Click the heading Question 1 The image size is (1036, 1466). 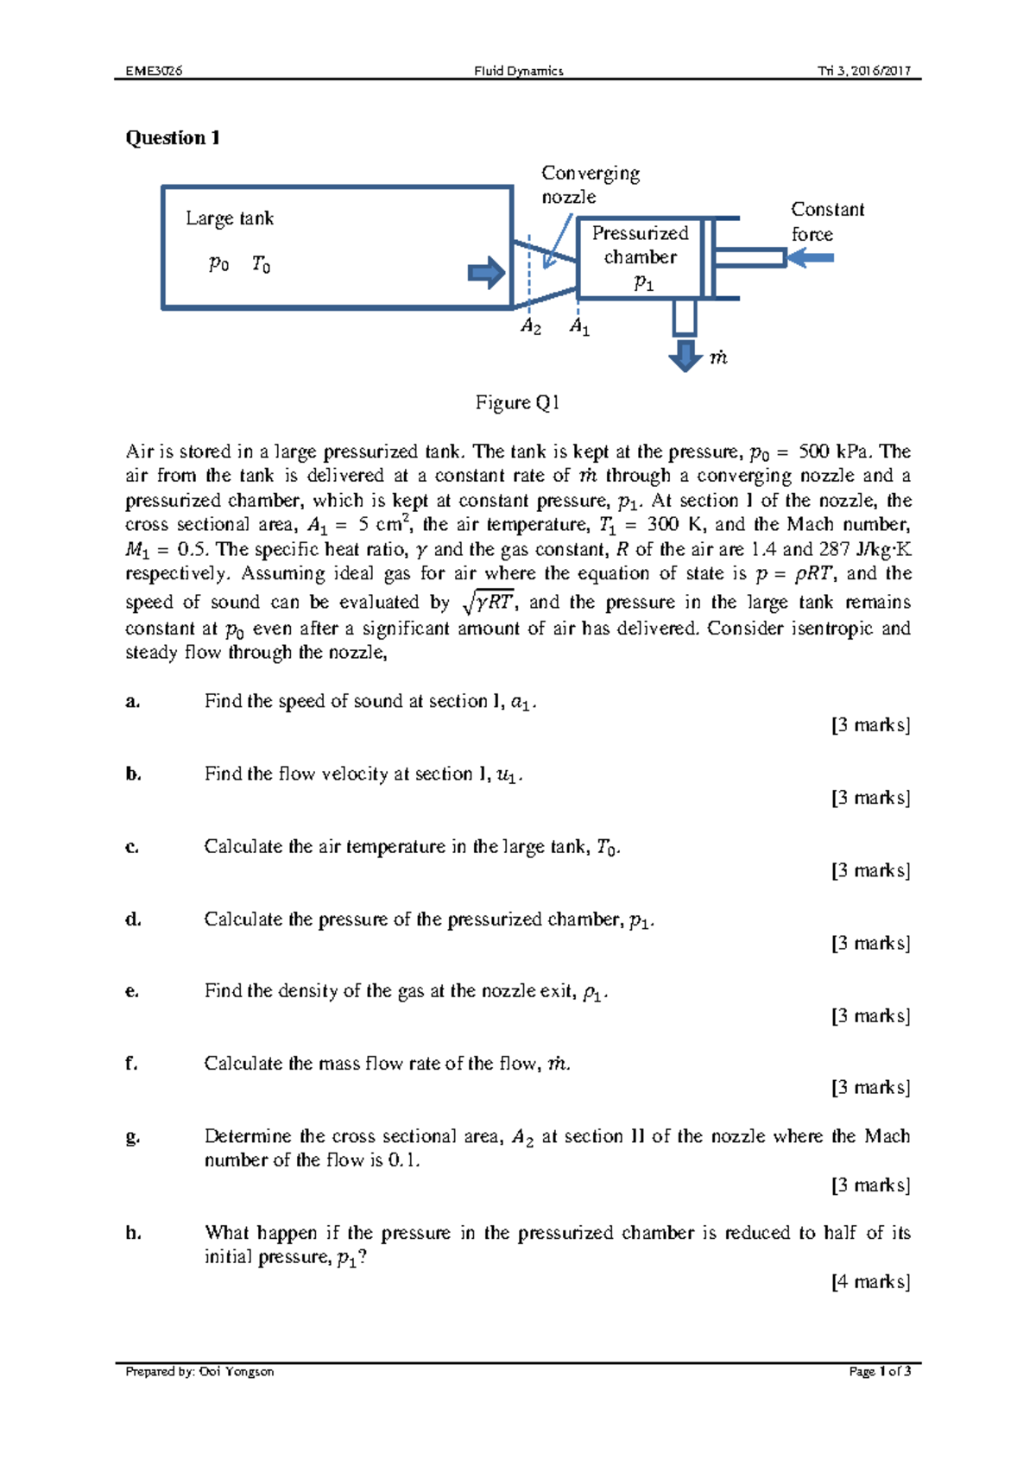click(173, 138)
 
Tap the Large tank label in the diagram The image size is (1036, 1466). click(230, 218)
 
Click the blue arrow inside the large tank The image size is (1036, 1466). click(486, 273)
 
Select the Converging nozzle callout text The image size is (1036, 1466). click(590, 185)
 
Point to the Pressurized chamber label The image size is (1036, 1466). click(640, 245)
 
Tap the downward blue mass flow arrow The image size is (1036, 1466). click(685, 355)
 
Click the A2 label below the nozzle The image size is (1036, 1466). click(530, 327)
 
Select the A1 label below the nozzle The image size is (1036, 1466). click(579, 327)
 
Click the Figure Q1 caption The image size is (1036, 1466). click(517, 402)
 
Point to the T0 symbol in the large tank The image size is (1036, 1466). click(261, 265)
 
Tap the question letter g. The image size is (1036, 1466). click(132, 1137)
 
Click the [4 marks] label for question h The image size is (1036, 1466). click(870, 1282)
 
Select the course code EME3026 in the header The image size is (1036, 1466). click(154, 71)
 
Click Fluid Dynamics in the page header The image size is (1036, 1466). click(518, 71)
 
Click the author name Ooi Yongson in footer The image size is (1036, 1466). click(237, 1371)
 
